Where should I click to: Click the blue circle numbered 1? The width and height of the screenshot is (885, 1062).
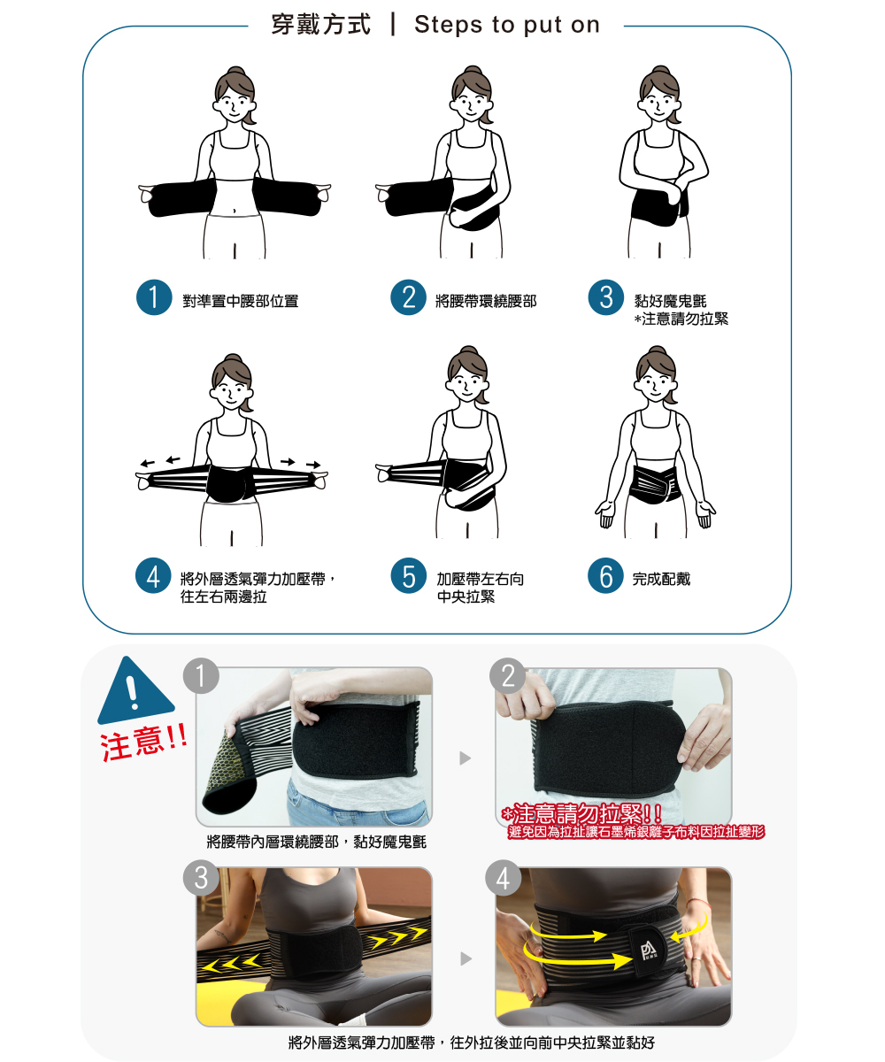(x=154, y=297)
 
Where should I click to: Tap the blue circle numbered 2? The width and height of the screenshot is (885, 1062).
(x=408, y=297)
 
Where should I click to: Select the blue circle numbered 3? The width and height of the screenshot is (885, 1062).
(x=605, y=297)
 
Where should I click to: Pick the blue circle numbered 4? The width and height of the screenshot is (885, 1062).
(x=153, y=576)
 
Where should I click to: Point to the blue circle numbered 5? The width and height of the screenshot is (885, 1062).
(x=408, y=576)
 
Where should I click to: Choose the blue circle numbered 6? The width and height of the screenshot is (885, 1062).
(x=605, y=576)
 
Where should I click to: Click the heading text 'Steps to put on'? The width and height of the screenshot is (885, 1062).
(x=507, y=25)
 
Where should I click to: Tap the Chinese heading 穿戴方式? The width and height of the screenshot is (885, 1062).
(x=321, y=25)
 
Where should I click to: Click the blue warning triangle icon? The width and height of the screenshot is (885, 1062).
(x=135, y=689)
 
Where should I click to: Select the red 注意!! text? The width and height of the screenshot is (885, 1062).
(x=143, y=743)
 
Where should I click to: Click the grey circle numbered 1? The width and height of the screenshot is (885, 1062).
(x=202, y=675)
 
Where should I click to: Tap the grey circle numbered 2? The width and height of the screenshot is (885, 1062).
(x=508, y=675)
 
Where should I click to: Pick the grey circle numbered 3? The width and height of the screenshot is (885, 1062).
(x=202, y=877)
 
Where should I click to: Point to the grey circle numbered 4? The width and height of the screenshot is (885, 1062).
(x=503, y=877)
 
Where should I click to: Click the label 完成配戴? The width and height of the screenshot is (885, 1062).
(x=661, y=579)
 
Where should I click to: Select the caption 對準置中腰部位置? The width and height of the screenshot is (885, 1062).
(x=241, y=301)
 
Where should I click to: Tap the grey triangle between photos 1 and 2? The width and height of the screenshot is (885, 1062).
(x=465, y=758)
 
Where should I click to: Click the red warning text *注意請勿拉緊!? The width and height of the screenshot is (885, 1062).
(x=581, y=813)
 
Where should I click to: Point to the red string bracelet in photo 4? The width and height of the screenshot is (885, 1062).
(x=696, y=904)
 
